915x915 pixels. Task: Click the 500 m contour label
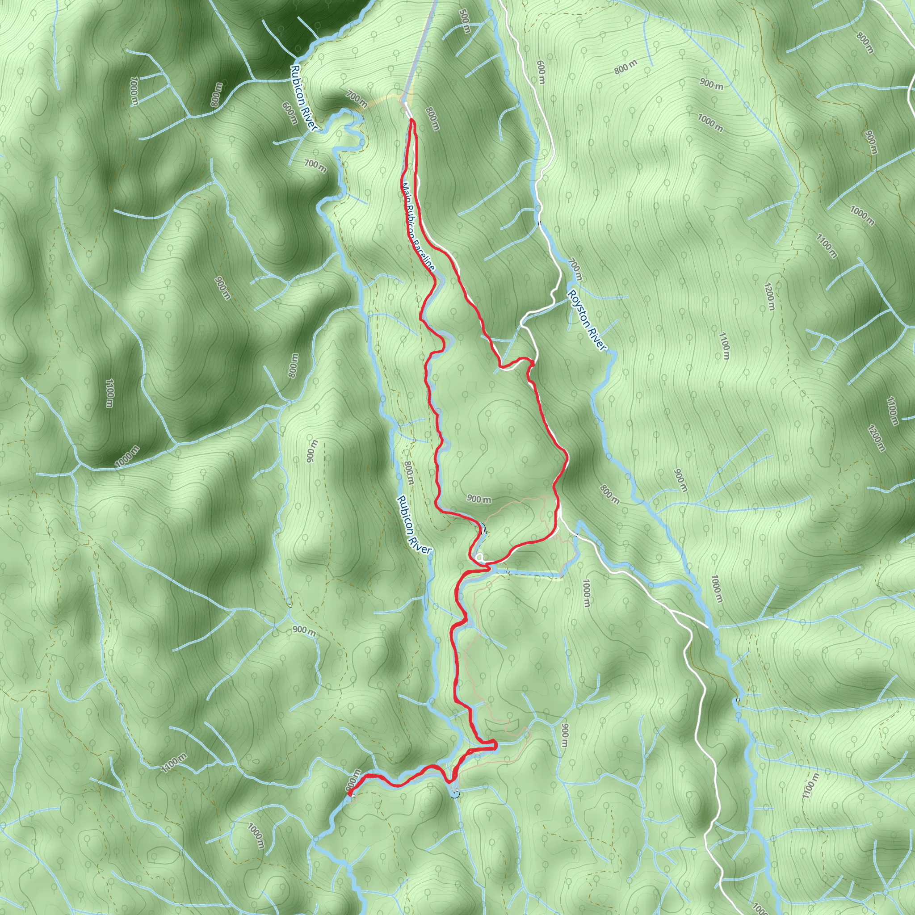[x=465, y=22]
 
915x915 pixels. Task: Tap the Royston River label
[x=587, y=320]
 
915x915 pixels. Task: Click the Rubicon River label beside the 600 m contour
[x=303, y=97]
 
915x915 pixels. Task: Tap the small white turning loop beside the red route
[x=480, y=558]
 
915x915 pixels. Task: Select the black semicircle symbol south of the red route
[x=455, y=794]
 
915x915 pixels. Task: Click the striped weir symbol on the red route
[x=483, y=529]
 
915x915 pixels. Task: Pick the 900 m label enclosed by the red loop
[x=479, y=499]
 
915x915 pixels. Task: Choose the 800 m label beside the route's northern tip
[x=432, y=118]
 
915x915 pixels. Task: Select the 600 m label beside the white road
[x=541, y=72]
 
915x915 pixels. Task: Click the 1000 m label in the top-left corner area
[x=134, y=91]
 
